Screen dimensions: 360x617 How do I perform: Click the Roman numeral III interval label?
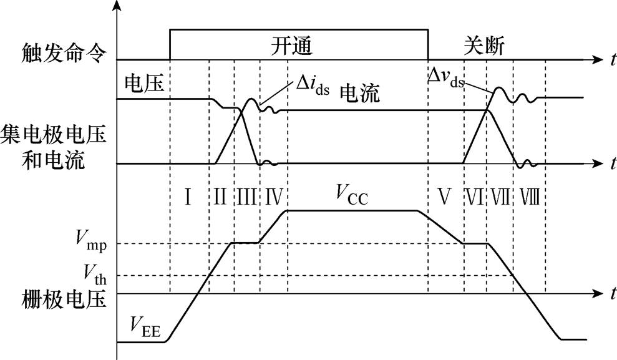pyautogui.click(x=246, y=197)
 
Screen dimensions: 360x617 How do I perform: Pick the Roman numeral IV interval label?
pyautogui.click(x=274, y=197)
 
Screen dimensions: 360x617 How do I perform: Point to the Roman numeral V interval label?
pyautogui.click(x=444, y=197)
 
